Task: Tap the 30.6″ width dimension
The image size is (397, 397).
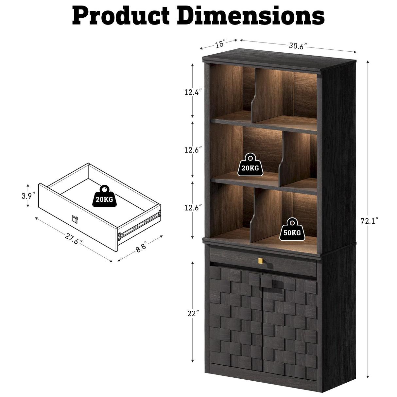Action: (x=298, y=46)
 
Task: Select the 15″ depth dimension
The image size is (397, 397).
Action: (x=220, y=44)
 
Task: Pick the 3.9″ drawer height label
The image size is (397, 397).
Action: (x=28, y=196)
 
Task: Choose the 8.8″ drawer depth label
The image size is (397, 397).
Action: (x=141, y=247)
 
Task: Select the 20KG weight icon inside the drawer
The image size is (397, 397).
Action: (x=104, y=196)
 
